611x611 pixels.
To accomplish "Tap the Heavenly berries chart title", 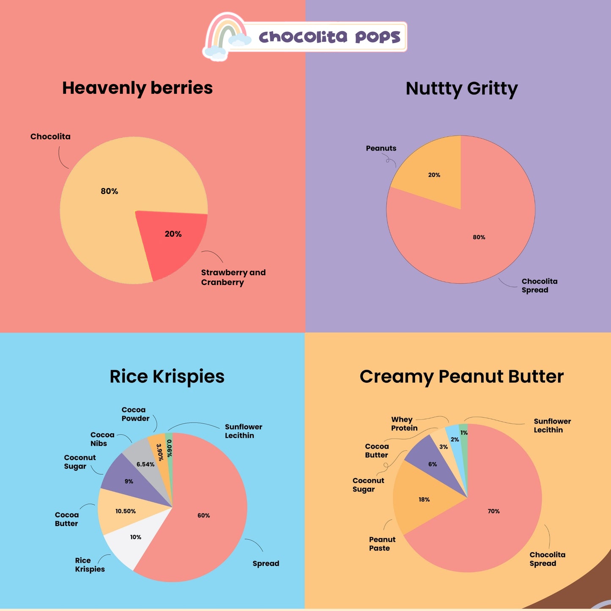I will (137, 88).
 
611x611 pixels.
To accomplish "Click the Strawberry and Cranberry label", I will (233, 277).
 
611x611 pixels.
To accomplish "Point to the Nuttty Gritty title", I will (461, 89).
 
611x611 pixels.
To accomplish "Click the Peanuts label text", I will (381, 148).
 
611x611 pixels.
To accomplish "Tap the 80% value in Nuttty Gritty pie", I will (479, 237).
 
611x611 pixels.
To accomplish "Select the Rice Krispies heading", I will (167, 376).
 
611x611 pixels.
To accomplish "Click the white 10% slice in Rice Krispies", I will (131, 541).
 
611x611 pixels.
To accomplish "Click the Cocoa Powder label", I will (135, 414).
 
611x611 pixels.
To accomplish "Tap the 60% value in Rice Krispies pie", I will (204, 515).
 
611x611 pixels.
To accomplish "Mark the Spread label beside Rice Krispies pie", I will (266, 564).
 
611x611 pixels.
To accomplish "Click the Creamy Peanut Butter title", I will (461, 376).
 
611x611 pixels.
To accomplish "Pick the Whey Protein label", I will (404, 424).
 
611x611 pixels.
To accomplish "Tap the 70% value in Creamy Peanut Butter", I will (493, 511).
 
